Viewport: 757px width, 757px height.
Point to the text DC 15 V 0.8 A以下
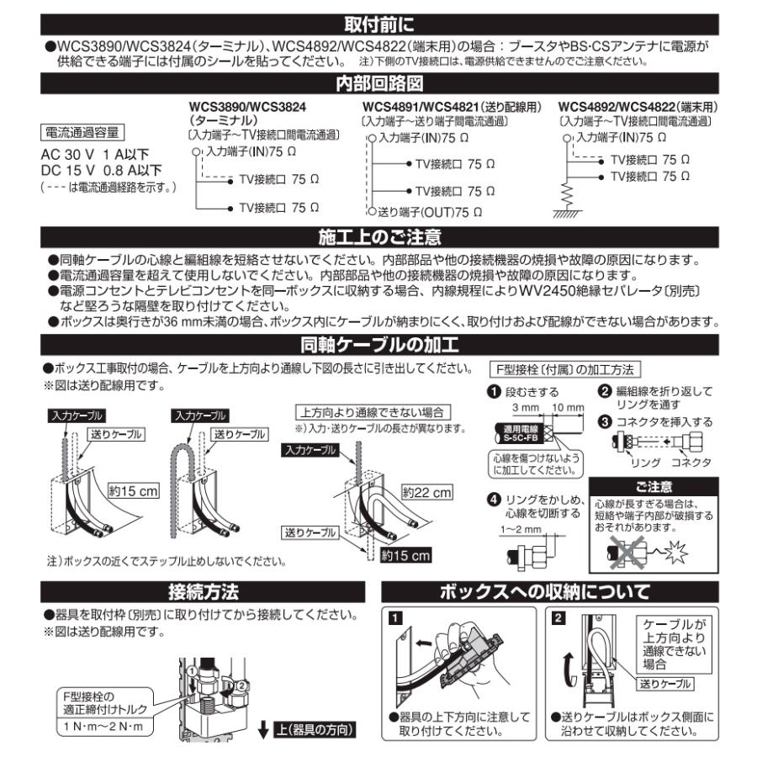101,171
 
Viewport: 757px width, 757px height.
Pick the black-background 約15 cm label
405,555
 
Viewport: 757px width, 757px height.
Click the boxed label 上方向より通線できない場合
373,412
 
